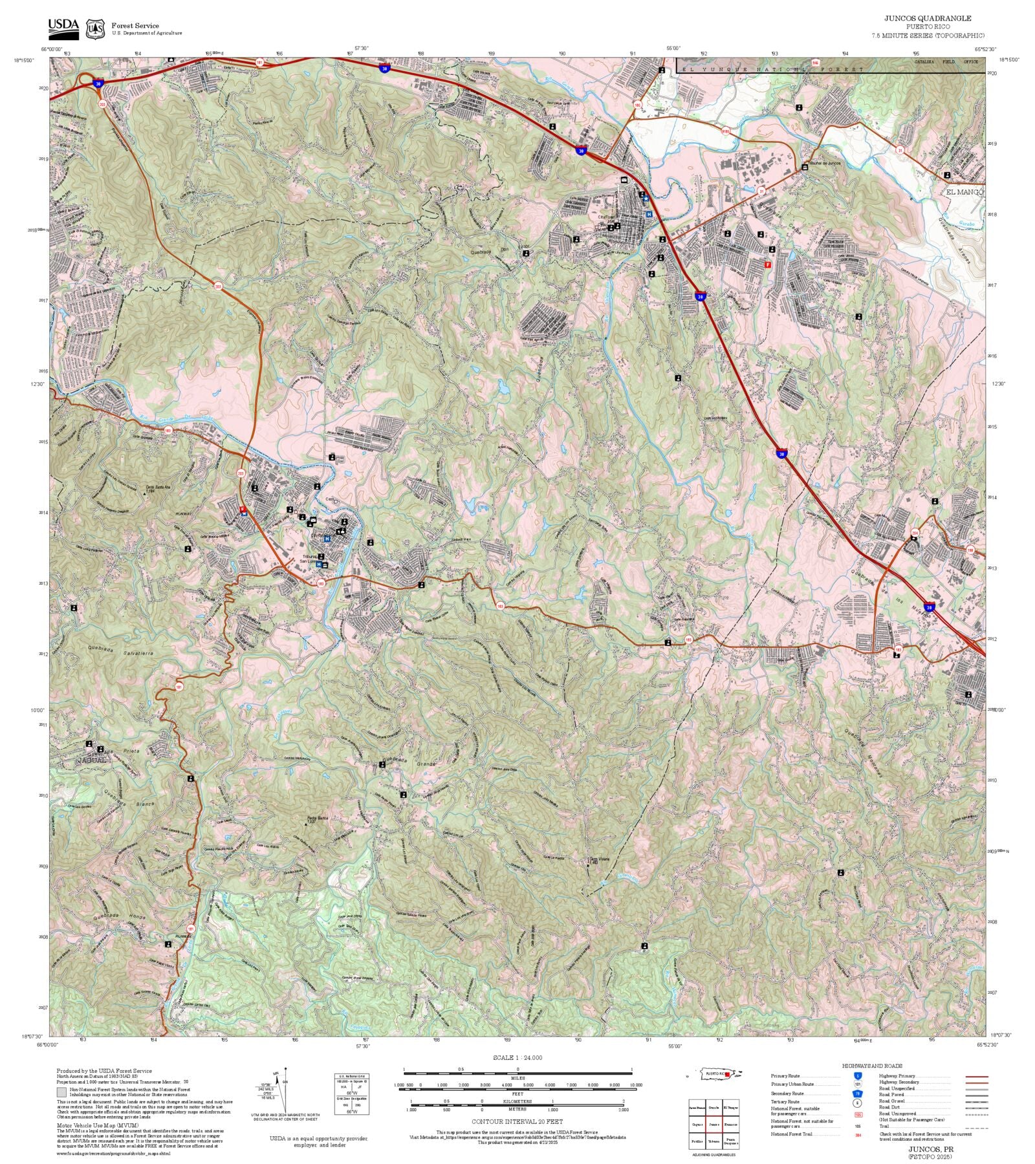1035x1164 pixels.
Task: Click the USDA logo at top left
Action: click(x=63, y=28)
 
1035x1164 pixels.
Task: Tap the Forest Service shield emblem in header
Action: click(x=96, y=29)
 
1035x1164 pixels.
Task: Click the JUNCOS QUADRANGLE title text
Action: click(x=928, y=18)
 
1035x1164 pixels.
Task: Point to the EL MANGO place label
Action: click(x=964, y=192)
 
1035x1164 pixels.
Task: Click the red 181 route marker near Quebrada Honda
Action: click(x=190, y=929)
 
